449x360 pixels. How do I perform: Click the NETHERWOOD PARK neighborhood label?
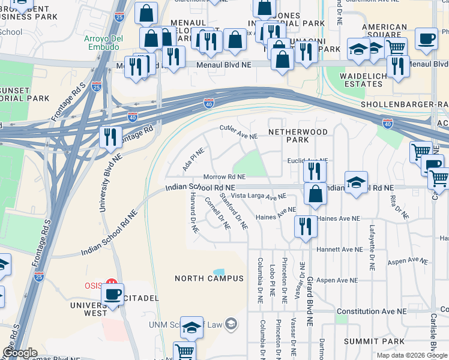coord(298,135)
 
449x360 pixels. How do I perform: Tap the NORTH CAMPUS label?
coord(209,278)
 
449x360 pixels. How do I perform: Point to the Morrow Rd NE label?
coord(224,177)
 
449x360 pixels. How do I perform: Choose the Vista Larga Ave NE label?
coord(259,196)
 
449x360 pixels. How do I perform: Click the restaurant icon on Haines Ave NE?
coord(305,226)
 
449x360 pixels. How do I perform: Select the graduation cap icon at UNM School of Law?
coord(192,327)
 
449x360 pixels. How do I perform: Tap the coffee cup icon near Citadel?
coord(112,294)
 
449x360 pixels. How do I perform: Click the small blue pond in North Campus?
coord(219,272)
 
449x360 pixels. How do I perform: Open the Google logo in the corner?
coord(20,353)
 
